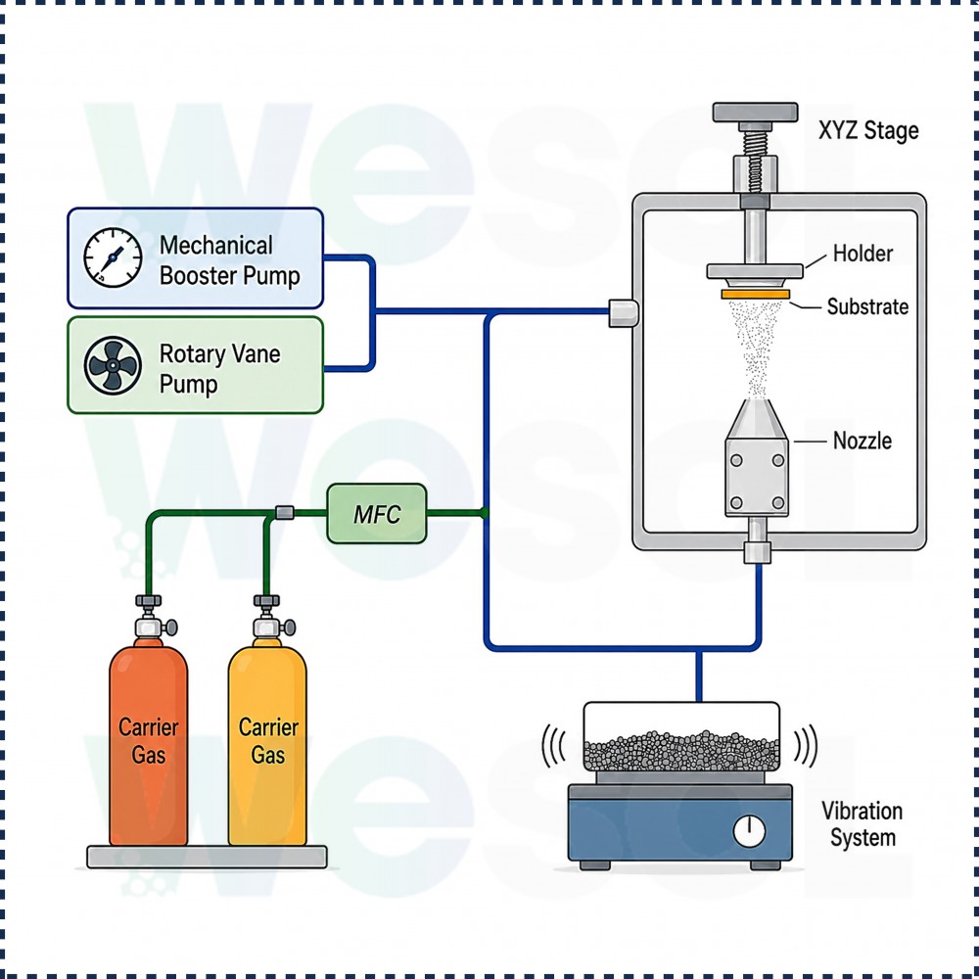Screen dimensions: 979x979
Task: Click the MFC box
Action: (377, 514)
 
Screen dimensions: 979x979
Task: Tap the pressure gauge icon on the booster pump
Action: (113, 257)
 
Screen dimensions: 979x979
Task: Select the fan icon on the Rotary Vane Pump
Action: (113, 366)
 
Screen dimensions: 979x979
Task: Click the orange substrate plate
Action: (755, 294)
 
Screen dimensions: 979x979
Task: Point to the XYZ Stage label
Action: (868, 131)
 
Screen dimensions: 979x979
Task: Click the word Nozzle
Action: (862, 441)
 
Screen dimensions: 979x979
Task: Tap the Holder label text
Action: (862, 254)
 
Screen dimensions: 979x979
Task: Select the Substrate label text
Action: (867, 306)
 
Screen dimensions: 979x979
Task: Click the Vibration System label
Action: (862, 824)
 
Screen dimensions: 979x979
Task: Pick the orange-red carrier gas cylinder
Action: (149, 743)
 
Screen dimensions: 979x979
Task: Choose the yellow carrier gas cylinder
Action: (267, 743)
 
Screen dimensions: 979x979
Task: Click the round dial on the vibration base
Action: (749, 831)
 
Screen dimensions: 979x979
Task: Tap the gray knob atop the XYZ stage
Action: (756, 113)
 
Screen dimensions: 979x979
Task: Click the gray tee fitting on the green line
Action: (284, 513)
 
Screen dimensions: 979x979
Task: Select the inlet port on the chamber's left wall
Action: (624, 313)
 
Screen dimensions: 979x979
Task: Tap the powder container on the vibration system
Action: (681, 737)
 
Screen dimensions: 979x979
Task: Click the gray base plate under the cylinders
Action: (207, 857)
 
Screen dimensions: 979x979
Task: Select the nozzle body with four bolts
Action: (757, 478)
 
